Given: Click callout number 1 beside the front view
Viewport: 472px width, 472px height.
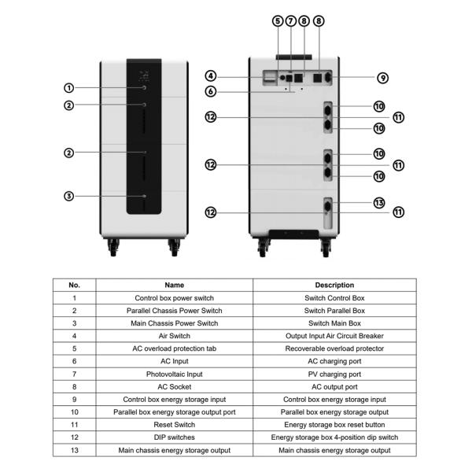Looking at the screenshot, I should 69,88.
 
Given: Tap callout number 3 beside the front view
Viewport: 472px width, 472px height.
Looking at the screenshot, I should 69,196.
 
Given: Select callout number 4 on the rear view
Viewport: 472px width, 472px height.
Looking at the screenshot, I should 211,76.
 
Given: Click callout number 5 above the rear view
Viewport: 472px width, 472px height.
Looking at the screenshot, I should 278,21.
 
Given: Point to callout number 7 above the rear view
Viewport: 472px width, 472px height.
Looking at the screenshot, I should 290,21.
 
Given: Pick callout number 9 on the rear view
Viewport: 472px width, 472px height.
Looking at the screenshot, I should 382,78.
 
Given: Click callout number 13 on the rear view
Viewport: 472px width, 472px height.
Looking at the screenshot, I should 378,202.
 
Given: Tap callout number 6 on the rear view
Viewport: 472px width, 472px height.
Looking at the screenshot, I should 211,92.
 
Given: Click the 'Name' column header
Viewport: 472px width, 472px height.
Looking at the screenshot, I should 175,285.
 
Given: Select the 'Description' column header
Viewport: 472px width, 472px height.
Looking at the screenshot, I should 334,285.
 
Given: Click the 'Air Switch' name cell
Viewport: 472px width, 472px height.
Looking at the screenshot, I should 175,336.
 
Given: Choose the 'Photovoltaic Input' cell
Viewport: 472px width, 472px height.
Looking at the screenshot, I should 175,374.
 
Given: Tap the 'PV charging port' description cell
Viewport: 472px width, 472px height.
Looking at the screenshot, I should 334,374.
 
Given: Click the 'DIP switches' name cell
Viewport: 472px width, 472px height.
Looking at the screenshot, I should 175,437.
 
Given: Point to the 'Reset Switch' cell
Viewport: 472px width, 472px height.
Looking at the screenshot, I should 175,425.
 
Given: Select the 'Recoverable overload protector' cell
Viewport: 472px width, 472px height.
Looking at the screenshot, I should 334,348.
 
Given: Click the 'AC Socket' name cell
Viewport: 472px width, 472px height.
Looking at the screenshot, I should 175,387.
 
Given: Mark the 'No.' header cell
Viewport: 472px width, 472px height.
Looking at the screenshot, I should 75,285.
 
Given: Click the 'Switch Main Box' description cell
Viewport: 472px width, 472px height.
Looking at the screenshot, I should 334,323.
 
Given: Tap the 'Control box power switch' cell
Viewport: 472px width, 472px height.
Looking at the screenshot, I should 175,298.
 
